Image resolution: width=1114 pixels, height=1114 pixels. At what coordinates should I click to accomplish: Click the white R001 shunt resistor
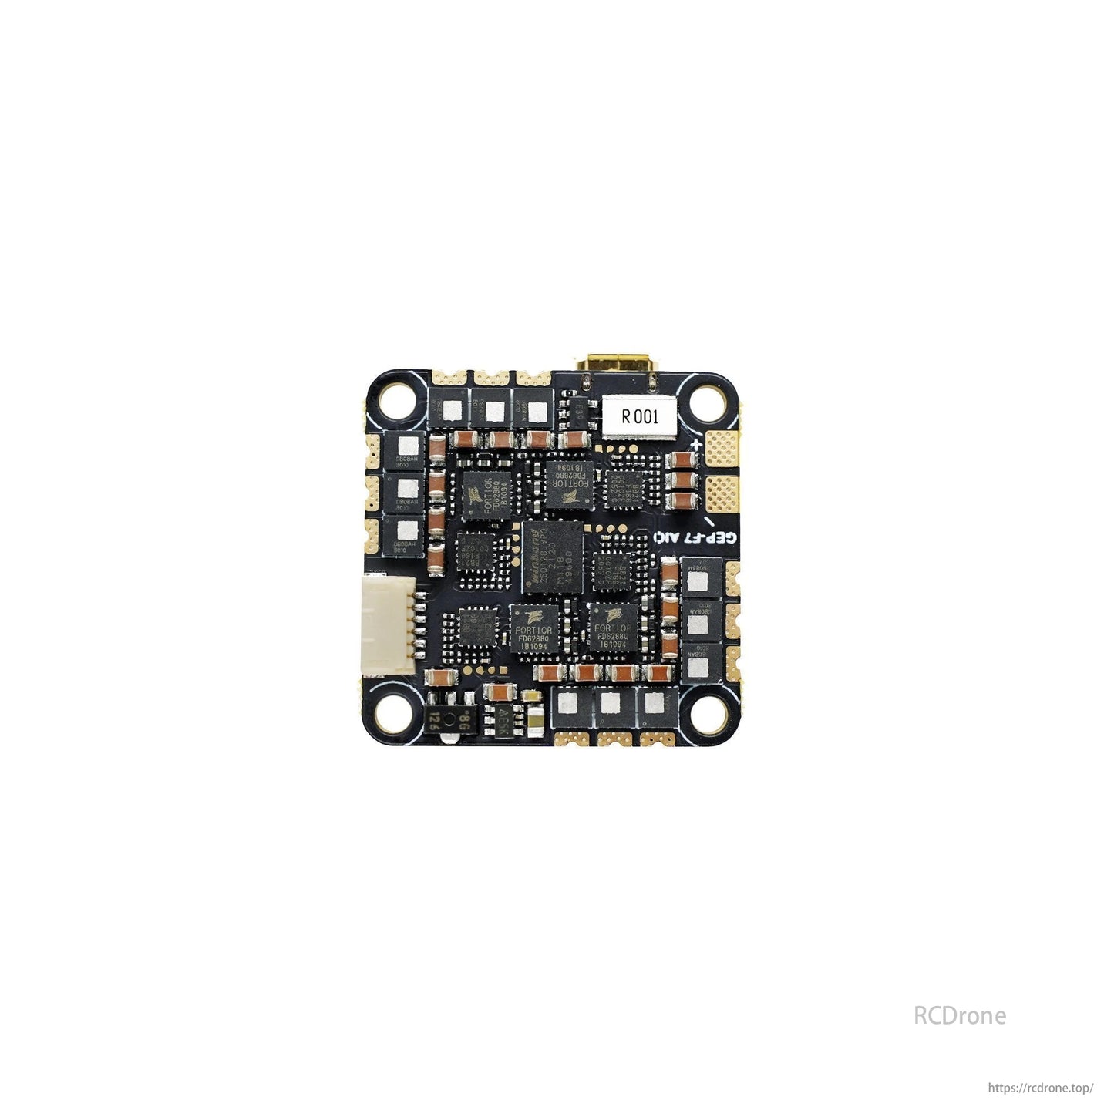639,417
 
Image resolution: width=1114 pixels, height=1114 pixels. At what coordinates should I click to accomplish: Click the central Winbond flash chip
552,557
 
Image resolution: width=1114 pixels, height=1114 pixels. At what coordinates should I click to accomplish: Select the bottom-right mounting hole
706,714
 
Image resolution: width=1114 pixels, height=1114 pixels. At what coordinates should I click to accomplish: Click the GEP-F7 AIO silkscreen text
695,537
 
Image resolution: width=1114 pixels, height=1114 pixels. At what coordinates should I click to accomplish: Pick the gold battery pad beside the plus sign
722,447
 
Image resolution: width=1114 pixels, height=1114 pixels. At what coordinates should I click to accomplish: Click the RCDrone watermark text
959,1015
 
